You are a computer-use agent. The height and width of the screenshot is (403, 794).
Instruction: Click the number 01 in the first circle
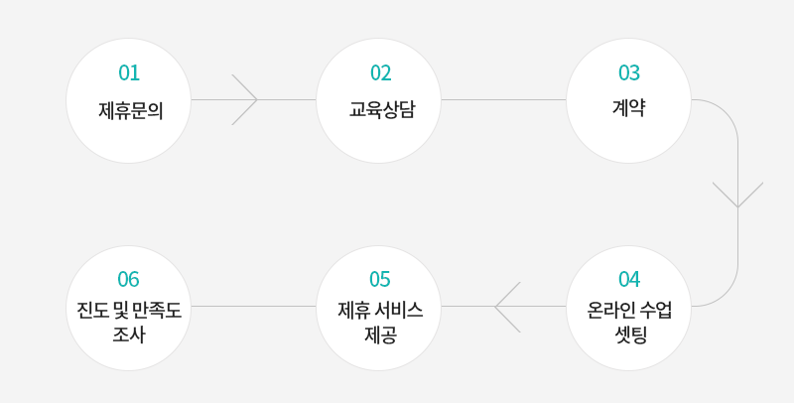(129, 72)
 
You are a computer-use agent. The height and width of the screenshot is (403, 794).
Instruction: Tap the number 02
(380, 72)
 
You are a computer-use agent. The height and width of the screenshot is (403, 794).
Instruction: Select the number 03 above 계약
(629, 72)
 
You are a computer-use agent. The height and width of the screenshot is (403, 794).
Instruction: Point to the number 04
(629, 279)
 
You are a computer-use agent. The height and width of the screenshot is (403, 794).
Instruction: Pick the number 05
(380, 279)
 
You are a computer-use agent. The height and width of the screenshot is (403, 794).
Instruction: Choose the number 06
(129, 279)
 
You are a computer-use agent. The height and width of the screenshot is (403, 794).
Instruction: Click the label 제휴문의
(131, 110)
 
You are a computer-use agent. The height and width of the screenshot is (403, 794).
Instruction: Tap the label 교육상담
(382, 109)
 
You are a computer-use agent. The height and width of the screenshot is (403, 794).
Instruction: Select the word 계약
(628, 108)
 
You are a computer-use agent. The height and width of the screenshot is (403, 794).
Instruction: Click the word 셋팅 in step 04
(630, 335)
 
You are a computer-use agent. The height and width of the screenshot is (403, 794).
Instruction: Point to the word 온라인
(611, 310)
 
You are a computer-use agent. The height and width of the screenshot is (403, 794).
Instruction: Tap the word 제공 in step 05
(381, 335)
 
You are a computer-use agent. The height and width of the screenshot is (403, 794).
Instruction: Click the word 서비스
(399, 310)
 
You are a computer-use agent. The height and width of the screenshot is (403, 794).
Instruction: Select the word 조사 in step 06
(129, 335)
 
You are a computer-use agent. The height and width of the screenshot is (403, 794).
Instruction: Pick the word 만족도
(157, 310)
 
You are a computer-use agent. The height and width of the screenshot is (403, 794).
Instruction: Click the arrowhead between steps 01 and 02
(244, 99)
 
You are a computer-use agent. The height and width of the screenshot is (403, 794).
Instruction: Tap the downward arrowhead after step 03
(737, 195)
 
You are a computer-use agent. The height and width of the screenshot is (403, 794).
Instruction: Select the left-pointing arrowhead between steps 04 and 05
(507, 307)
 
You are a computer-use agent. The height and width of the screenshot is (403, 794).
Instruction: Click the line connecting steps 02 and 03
(503, 99)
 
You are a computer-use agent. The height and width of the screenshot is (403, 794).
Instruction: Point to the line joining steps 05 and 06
(254, 307)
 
